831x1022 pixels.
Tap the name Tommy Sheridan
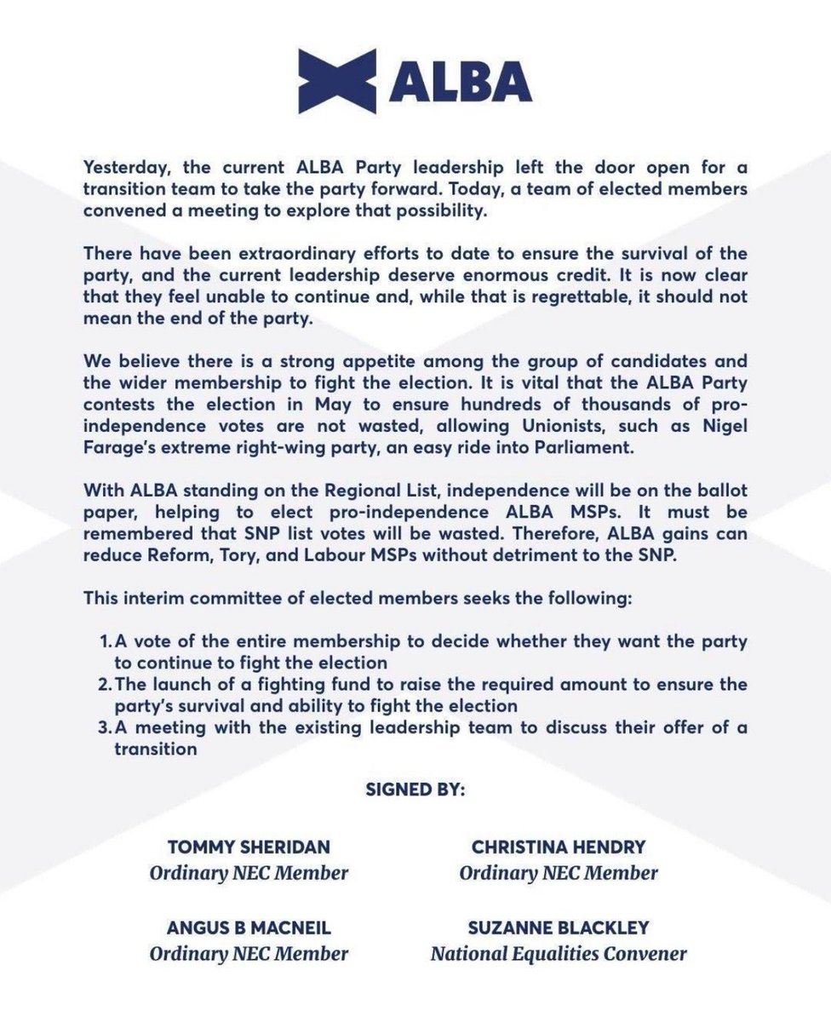[x=249, y=848]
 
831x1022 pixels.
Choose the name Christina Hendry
[x=558, y=848]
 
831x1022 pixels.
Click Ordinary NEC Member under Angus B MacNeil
[x=249, y=953]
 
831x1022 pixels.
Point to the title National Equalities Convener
[x=558, y=953]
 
